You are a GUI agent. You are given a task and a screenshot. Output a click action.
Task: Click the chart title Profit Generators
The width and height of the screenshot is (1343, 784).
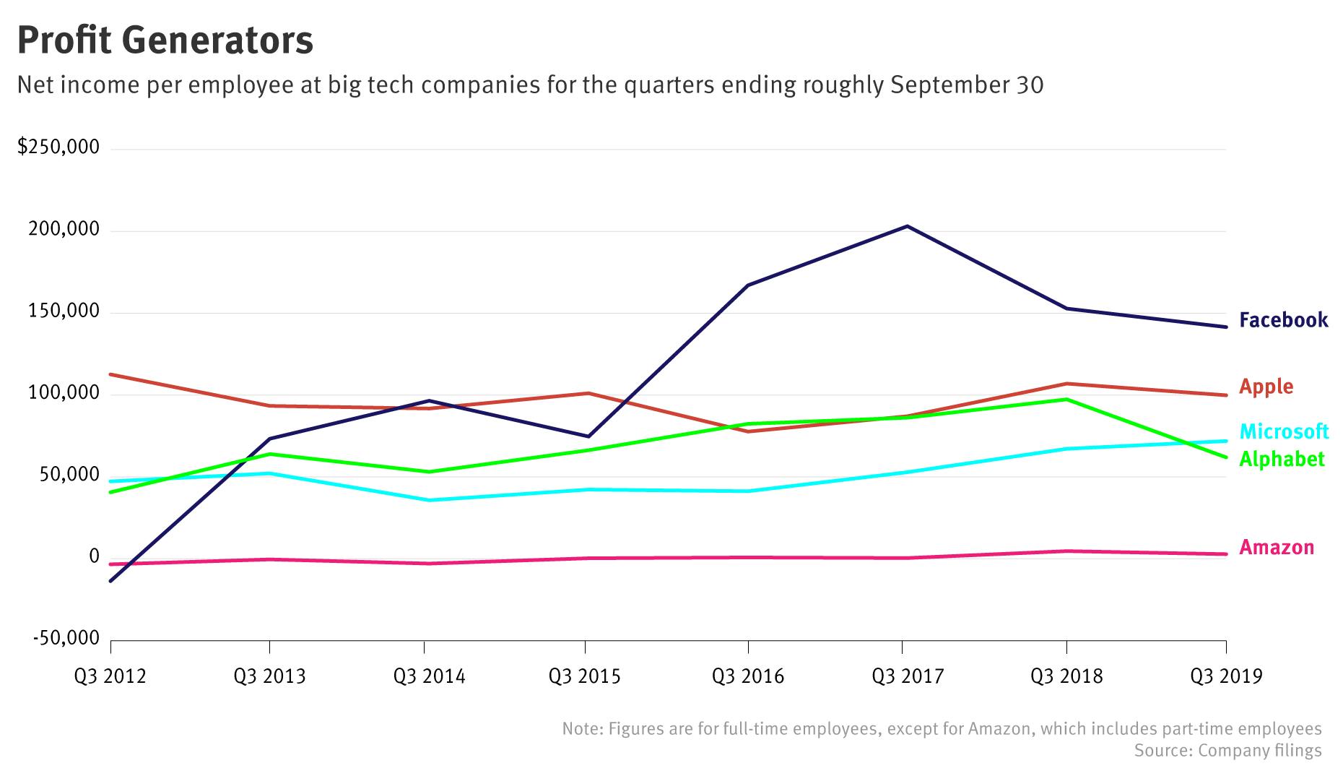165,40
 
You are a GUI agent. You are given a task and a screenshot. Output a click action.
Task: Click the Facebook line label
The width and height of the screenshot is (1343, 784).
1283,320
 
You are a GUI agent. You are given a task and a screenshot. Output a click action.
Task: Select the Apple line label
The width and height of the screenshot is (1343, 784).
1266,387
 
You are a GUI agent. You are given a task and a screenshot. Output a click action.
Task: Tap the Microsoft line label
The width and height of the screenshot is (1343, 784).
1283,431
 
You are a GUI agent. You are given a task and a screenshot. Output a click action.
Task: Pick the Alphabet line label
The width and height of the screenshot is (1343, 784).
1282,459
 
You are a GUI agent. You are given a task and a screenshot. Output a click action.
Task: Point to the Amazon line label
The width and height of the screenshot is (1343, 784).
1276,548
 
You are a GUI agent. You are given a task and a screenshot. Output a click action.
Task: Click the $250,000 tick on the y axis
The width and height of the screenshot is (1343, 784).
58,147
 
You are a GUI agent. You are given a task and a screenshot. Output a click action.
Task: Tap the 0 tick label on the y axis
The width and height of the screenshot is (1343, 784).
94,556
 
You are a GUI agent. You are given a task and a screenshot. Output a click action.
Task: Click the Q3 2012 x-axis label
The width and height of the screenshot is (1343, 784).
110,676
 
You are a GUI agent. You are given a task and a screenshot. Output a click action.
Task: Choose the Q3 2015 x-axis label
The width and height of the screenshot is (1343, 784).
584,676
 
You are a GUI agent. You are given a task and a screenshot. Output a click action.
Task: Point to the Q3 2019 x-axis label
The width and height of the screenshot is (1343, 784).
1226,676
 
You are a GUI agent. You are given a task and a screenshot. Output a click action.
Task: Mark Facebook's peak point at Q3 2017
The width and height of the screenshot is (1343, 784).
907,226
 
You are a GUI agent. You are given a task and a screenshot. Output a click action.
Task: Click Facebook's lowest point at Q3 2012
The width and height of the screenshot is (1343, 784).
110,581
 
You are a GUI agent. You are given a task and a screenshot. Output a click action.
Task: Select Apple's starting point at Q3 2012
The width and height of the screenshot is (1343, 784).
110,374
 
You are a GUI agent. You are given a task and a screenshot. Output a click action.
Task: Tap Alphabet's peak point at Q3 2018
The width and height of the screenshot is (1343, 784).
1066,399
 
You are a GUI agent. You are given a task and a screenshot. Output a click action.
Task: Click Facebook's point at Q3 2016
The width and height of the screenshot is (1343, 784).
748,285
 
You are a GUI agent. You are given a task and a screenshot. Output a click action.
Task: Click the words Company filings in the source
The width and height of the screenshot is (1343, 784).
1260,751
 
